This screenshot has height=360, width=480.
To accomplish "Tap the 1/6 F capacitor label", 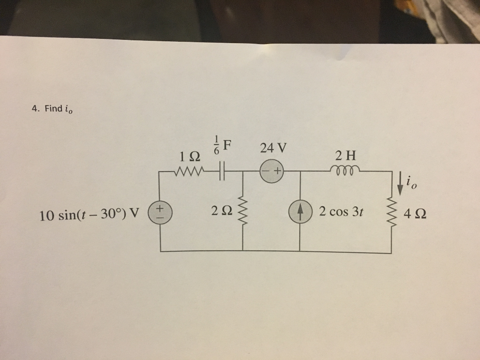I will click(223, 144).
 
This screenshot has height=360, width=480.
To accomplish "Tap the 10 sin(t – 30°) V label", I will click(90, 215).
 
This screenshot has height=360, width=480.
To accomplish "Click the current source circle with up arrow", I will click(300, 210).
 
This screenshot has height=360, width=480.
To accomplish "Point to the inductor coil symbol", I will click(345, 170).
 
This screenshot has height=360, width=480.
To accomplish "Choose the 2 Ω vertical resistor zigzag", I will click(243, 210).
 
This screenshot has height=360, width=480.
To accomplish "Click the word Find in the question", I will click(53, 109).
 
